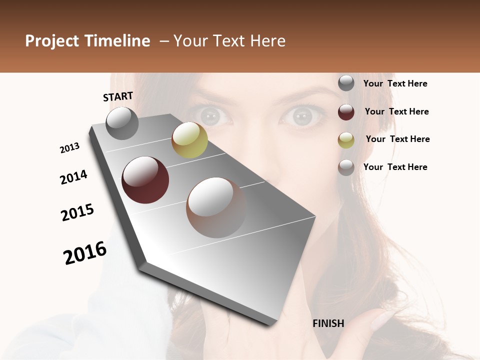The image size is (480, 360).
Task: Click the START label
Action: coord(118,96)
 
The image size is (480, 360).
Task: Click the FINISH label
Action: coord(328,323)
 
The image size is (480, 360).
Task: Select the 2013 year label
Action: coord(69,148)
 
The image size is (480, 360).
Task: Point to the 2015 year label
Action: coord(77,212)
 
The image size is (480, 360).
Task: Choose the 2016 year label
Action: coord(85,253)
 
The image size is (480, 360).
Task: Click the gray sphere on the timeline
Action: coord(122,123)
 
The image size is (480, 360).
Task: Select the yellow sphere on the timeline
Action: coord(189,140)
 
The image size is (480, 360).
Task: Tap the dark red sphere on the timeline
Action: coord(145,180)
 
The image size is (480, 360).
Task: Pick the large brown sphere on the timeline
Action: coord(216,207)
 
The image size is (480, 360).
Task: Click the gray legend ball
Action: coord(346,83)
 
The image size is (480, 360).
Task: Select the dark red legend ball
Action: coord(346,112)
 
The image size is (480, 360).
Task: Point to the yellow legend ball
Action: coord(346,140)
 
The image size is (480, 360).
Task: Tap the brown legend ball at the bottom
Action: coord(346,167)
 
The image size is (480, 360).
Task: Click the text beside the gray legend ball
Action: coord(395,84)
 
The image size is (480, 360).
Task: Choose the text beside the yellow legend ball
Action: coord(397,139)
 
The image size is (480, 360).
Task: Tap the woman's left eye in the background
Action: coord(302,116)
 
